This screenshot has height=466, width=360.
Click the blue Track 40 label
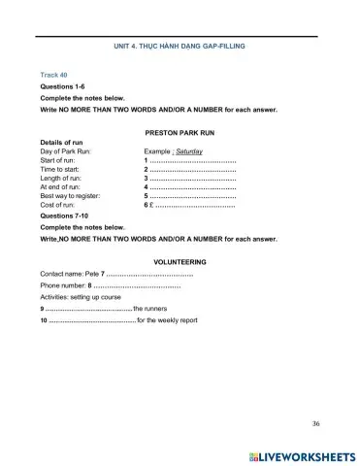pyautogui.click(x=54, y=74)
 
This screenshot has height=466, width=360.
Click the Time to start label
pyautogui.click(x=61, y=170)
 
